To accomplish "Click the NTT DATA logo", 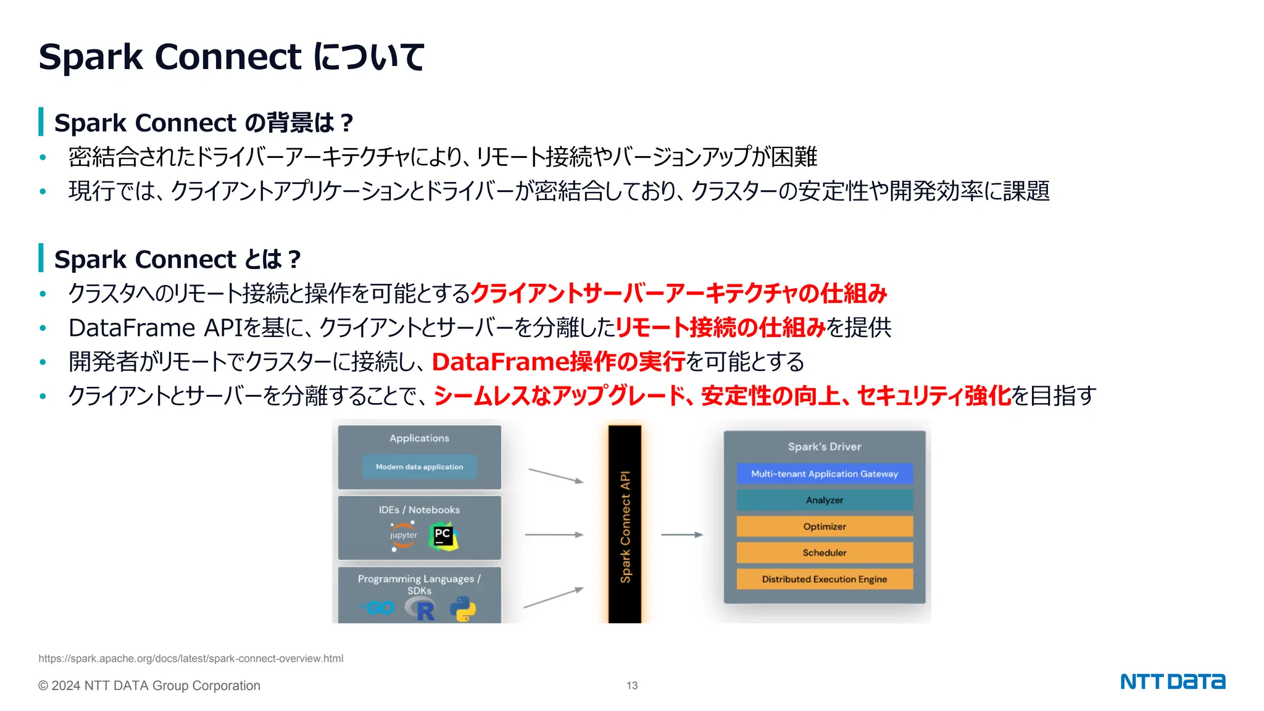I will [x=1172, y=681].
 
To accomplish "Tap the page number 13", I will [x=632, y=686].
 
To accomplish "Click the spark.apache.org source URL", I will [x=191, y=659].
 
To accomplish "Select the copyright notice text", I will [x=149, y=686].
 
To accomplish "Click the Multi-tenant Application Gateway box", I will [x=824, y=474].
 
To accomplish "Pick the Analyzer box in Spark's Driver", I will [x=824, y=500].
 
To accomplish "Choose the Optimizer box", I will [x=824, y=526].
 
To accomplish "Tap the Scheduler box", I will [x=824, y=552].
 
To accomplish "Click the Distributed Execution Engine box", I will [x=824, y=579].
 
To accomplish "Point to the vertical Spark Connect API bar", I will [x=625, y=525].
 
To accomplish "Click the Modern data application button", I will [x=419, y=467].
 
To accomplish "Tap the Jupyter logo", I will [x=403, y=536].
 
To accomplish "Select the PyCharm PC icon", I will [x=443, y=536].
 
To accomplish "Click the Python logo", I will [x=463, y=609].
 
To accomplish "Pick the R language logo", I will [x=421, y=610].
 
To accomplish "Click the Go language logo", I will [x=378, y=608].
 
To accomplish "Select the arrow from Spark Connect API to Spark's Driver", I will [x=681, y=534].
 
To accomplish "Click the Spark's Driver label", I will [x=824, y=446].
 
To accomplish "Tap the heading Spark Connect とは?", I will [x=177, y=259].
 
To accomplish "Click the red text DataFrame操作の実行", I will [x=559, y=362].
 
